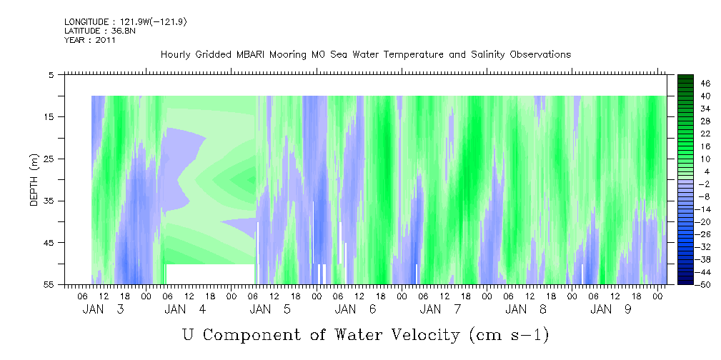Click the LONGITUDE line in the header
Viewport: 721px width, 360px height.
[x=126, y=22]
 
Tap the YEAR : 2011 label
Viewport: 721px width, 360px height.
[x=90, y=40]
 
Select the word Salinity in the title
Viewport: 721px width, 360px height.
[x=488, y=55]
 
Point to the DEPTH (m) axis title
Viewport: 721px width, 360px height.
[x=34, y=180]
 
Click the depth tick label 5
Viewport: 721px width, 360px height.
[x=51, y=74]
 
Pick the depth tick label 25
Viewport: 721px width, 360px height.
[x=47, y=159]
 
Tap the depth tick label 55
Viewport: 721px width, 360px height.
[x=47, y=284]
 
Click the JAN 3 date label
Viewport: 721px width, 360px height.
[x=104, y=309]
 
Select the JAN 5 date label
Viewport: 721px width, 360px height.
[x=270, y=309]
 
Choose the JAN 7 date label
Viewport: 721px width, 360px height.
[x=440, y=309]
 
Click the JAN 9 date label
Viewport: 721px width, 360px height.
[x=611, y=309]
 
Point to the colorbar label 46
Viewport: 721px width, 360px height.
[x=706, y=84]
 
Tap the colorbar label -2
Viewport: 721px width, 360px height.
[x=704, y=184]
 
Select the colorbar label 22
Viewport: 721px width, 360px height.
[x=706, y=134]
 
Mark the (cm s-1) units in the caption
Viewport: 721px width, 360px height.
[x=509, y=335]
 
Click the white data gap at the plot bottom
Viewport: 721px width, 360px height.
[x=209, y=274]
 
